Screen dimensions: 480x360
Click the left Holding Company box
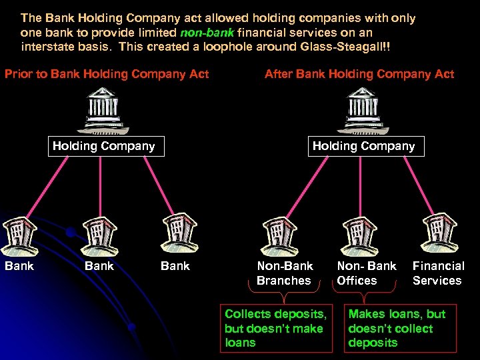pyautogui.click(x=103, y=146)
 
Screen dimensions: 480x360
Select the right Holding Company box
pyautogui.click(x=363, y=146)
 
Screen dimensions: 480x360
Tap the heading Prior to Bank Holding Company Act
pyautogui.click(x=107, y=74)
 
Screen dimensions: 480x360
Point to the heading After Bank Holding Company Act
pyautogui.click(x=359, y=74)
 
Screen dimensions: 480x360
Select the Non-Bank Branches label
pyautogui.click(x=285, y=273)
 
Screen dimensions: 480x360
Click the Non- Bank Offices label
pyautogui.click(x=366, y=273)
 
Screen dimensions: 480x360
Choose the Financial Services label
pyautogui.click(x=437, y=273)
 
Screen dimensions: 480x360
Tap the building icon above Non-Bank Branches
pyautogui.click(x=281, y=236)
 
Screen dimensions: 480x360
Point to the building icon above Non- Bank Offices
pyautogui.click(x=359, y=236)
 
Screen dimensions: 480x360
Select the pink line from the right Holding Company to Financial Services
pyautogui.click(x=407, y=189)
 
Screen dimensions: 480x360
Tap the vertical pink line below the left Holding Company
pyautogui.click(x=100, y=187)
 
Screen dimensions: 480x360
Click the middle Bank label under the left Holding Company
pyautogui.click(x=99, y=266)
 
